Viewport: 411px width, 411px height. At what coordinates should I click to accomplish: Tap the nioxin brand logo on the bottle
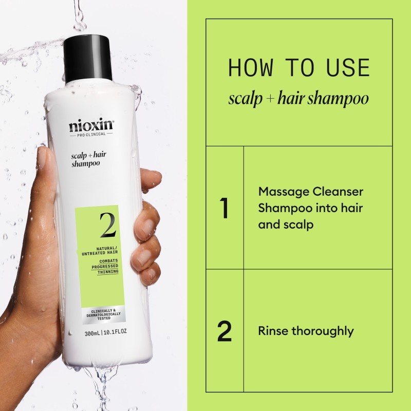point(91,125)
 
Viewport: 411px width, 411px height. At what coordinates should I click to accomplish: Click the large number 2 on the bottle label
point(107,226)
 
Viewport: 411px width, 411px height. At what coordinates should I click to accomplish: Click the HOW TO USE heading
point(298,68)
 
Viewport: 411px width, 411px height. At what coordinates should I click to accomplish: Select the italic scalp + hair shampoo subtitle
point(298,98)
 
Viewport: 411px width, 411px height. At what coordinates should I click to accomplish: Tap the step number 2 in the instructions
point(225,331)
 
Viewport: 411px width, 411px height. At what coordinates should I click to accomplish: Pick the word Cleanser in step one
point(337,192)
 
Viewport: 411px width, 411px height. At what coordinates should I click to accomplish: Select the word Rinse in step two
point(273,331)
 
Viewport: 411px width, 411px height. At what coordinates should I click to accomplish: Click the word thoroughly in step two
point(323,331)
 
